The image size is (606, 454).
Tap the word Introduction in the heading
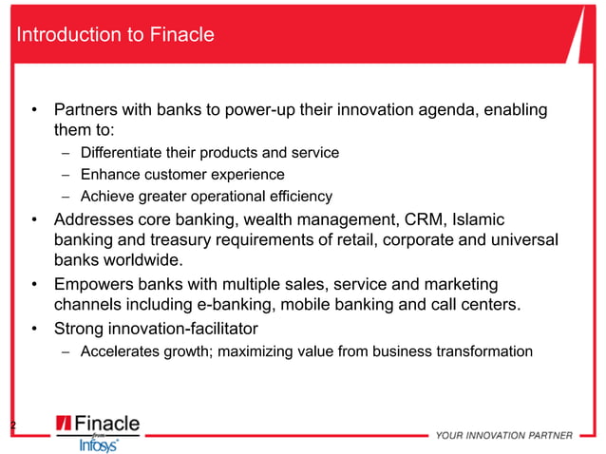click(x=62, y=35)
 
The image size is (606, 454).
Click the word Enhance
click(x=109, y=175)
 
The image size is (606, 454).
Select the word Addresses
click(x=94, y=219)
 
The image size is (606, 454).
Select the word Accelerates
click(x=119, y=351)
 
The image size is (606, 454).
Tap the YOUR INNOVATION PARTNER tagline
click(x=503, y=436)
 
